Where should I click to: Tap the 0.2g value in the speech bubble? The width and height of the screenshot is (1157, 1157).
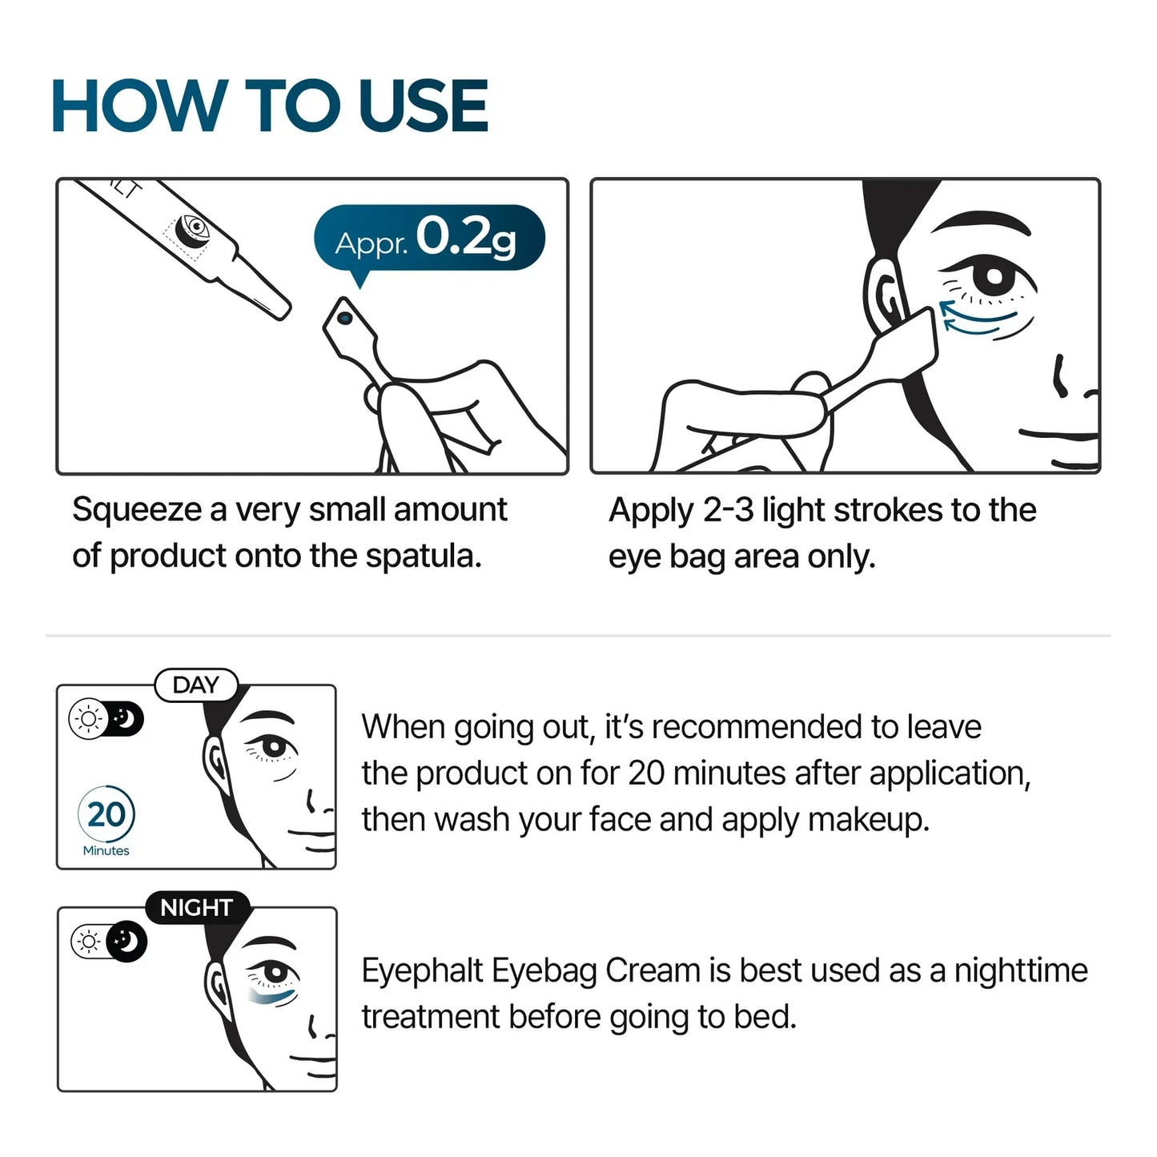[x=466, y=237]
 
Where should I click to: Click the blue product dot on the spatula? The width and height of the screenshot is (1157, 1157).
[x=345, y=318]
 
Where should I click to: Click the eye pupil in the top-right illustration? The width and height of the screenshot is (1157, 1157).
[x=993, y=278]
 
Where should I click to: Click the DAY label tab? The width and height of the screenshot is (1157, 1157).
[x=196, y=685]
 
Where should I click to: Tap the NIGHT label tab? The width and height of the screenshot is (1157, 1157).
[x=197, y=908]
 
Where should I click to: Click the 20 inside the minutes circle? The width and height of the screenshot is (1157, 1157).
[x=106, y=814]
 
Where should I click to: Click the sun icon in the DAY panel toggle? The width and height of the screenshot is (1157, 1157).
[x=87, y=719]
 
